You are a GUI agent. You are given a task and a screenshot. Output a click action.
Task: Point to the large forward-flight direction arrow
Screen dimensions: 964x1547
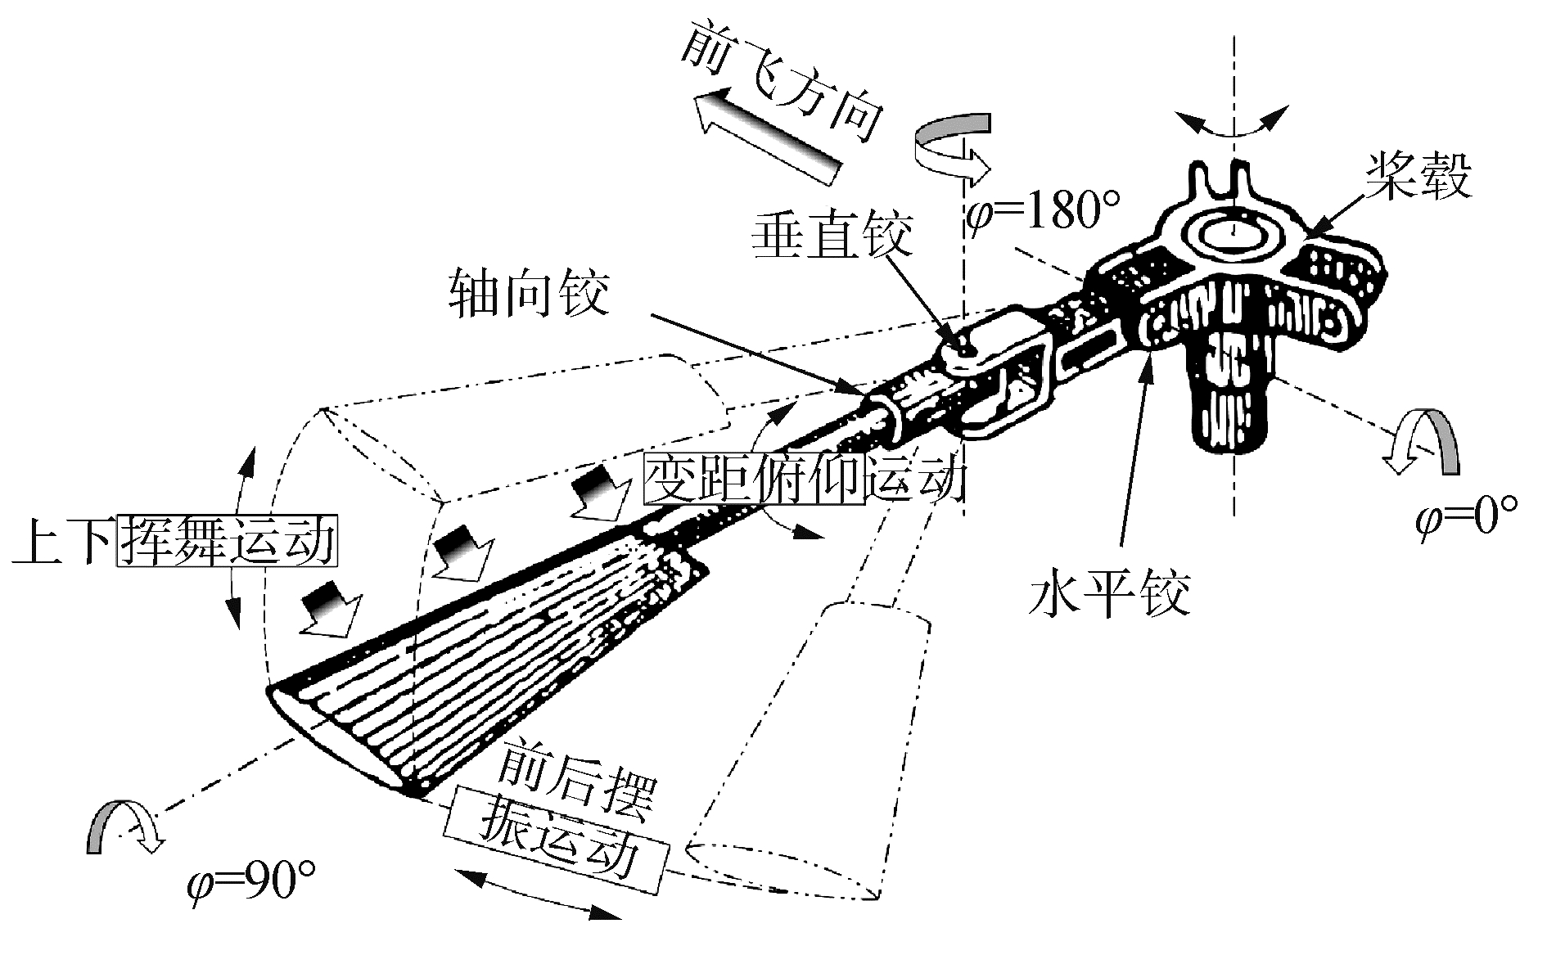pyautogui.click(x=765, y=135)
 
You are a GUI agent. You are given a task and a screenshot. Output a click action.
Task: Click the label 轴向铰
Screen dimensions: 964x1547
pyautogui.click(x=529, y=292)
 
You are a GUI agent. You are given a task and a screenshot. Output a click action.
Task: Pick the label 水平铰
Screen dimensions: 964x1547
pyautogui.click(x=1109, y=592)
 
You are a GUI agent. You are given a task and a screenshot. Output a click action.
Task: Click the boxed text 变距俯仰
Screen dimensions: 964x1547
pyautogui.click(x=754, y=479)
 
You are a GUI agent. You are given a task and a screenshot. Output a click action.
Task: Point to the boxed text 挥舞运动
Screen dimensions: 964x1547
pyautogui.click(x=227, y=539)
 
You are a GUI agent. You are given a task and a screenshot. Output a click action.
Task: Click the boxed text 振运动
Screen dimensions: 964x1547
pyautogui.click(x=557, y=851)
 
